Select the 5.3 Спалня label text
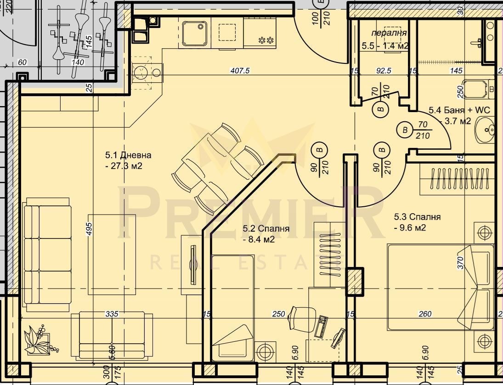pyautogui.click(x=417, y=217)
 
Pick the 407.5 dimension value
pyautogui.click(x=239, y=71)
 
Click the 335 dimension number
pyautogui.click(x=112, y=314)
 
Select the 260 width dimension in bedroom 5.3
pyautogui.click(x=425, y=314)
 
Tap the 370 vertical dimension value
pyautogui.click(x=461, y=263)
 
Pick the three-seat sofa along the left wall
pyautogui.click(x=47, y=250)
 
